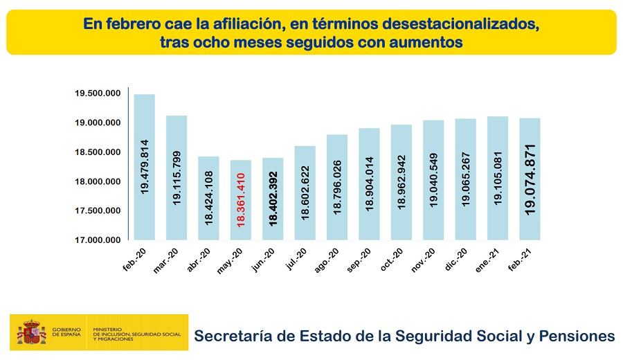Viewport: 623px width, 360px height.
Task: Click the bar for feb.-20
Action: click(144, 167)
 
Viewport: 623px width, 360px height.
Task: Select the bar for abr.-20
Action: click(208, 198)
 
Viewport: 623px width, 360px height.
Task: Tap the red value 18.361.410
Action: click(241, 200)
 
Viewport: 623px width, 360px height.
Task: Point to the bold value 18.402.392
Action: click(273, 199)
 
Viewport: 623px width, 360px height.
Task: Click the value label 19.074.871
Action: click(530, 179)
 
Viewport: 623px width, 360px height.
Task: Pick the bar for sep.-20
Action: click(369, 184)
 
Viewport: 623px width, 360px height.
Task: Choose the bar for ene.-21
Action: click(498, 178)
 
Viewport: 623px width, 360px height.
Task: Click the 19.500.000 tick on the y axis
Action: click(98, 93)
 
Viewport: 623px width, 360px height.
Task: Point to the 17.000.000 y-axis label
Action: click(98, 240)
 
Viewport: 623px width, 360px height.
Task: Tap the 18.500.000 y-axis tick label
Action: click(98, 152)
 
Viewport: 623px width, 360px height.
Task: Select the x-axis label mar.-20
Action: click(165, 261)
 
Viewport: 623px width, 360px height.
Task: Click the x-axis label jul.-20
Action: click(296, 259)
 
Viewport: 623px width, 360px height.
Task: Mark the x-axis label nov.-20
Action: click(423, 260)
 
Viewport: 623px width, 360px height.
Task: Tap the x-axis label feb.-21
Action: click(520, 260)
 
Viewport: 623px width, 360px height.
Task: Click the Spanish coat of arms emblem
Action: click(31, 332)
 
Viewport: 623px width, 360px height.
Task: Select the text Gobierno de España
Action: click(66, 332)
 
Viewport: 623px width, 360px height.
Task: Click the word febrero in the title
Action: click(132, 24)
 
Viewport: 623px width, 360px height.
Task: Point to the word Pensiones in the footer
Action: click(577, 336)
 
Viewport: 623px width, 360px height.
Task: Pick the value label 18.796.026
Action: click(337, 187)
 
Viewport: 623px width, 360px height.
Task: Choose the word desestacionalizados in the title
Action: click(461, 24)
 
